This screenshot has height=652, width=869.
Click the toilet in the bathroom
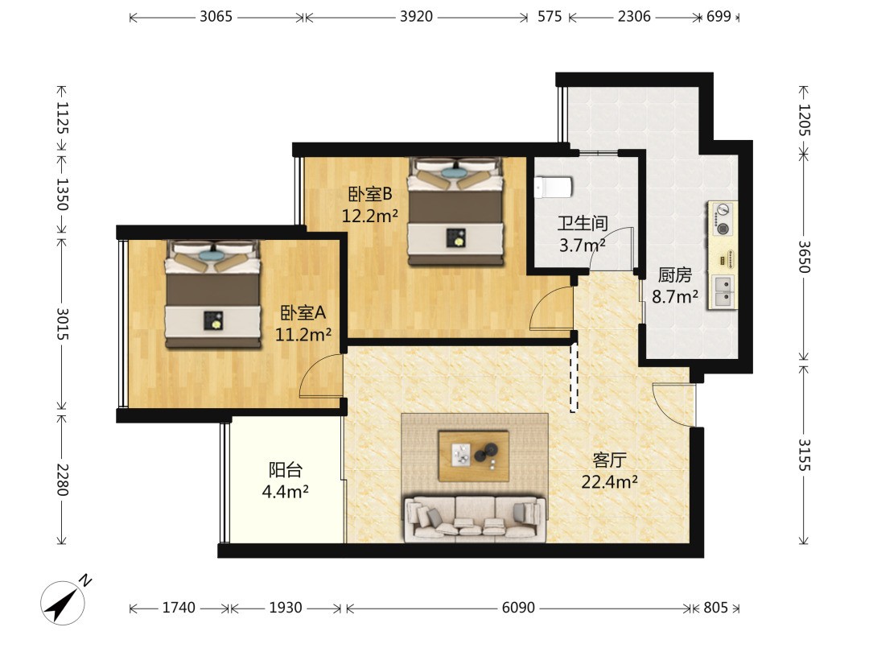(x=553, y=188)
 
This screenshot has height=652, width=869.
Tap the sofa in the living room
(x=475, y=519)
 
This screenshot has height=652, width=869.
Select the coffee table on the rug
(x=474, y=456)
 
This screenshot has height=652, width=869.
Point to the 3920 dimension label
(x=416, y=17)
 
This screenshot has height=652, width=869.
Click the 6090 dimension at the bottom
(x=518, y=608)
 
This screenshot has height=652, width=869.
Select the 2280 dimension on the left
(x=62, y=480)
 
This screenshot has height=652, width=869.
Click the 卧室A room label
(x=303, y=312)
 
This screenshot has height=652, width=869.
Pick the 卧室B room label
(x=369, y=193)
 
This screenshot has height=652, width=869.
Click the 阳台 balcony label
(x=286, y=469)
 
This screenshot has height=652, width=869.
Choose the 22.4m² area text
(x=609, y=481)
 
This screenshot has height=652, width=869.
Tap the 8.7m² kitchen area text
(x=674, y=296)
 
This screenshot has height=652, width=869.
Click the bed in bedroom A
(x=213, y=294)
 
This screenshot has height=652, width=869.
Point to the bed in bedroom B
(x=456, y=211)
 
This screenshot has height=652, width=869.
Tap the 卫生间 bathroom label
(x=583, y=224)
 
